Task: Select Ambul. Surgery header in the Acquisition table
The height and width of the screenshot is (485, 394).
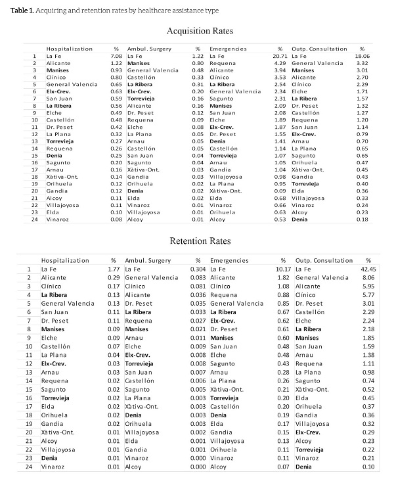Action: pyautogui.click(x=148, y=49)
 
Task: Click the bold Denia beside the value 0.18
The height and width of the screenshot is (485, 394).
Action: pyautogui.click(x=300, y=219)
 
